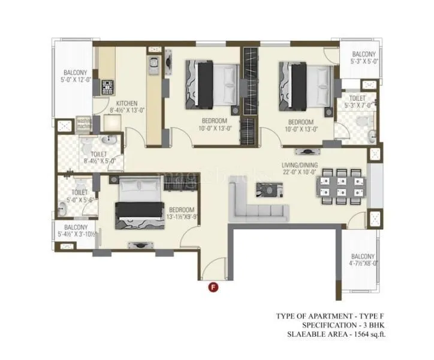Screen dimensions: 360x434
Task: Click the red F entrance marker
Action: [212, 287]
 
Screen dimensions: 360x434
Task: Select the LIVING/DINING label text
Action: [300, 165]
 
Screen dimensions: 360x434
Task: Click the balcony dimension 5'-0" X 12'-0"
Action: [75, 79]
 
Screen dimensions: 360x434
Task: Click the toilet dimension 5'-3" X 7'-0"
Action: [358, 105]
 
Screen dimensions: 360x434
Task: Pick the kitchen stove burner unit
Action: [108, 86]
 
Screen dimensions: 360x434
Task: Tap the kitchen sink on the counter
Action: [153, 61]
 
